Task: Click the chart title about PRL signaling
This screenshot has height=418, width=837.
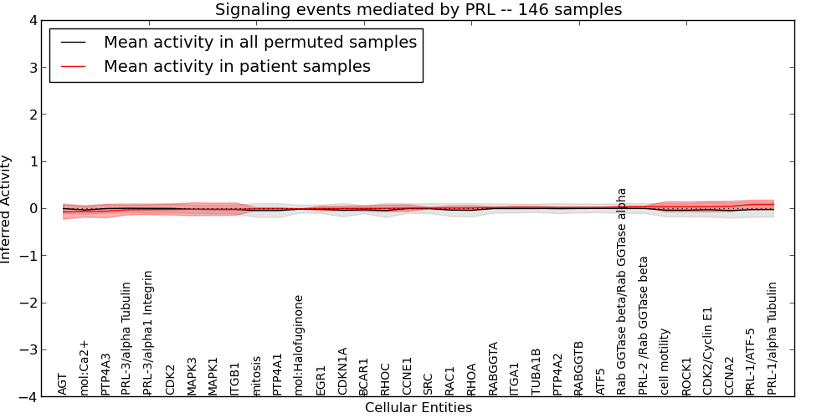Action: (x=418, y=10)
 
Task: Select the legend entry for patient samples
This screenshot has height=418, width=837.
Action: (x=237, y=66)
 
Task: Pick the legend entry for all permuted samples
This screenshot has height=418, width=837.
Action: (x=259, y=42)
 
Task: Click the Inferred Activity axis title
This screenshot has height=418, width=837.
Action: (x=7, y=209)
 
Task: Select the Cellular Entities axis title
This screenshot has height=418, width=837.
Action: (x=418, y=408)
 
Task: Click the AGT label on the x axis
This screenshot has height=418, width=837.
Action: (x=63, y=383)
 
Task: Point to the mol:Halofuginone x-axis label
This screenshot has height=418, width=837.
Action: (x=299, y=344)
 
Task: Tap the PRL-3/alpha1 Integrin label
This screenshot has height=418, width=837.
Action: (x=149, y=332)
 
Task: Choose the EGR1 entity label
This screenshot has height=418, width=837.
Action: (x=321, y=380)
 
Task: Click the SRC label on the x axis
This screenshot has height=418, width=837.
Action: (x=429, y=383)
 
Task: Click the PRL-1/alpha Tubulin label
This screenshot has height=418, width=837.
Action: (x=773, y=338)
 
